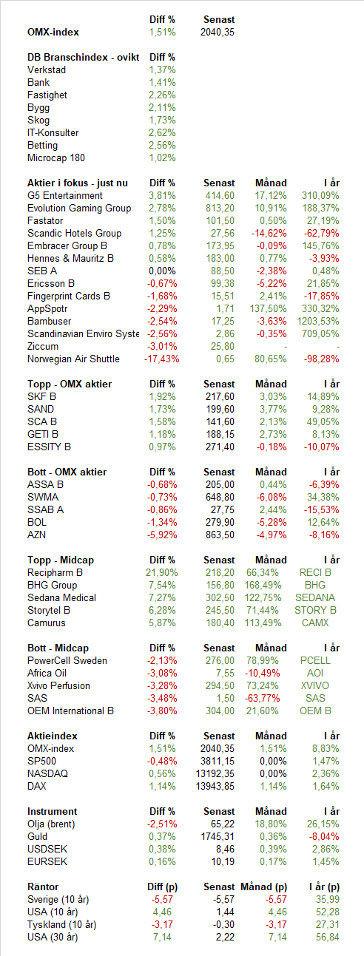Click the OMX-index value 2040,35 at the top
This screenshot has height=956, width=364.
(218, 33)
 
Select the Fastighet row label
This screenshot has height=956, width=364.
(47, 95)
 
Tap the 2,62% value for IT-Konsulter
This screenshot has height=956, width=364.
(162, 133)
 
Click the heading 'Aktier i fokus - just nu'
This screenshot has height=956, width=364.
(78, 183)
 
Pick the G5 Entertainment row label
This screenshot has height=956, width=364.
(65, 195)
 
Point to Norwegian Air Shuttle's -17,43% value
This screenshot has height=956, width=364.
(162, 359)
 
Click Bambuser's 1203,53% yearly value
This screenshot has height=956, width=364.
(318, 322)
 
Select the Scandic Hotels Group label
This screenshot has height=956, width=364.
(74, 234)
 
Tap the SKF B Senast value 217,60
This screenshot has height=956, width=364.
(220, 396)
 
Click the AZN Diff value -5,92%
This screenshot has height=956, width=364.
(162, 535)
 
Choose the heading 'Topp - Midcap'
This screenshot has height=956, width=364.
(61, 560)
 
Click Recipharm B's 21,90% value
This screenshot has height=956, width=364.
(162, 573)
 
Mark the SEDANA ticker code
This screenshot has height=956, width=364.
(315, 597)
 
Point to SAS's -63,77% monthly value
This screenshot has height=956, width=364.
(263, 698)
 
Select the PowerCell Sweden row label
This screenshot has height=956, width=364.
(67, 661)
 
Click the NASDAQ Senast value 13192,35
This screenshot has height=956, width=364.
(215, 774)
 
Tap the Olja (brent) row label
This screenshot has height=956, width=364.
(51, 824)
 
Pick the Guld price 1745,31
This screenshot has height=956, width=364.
(218, 836)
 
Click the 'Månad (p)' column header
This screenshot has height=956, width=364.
(263, 886)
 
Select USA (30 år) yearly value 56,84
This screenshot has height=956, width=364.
(328, 938)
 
